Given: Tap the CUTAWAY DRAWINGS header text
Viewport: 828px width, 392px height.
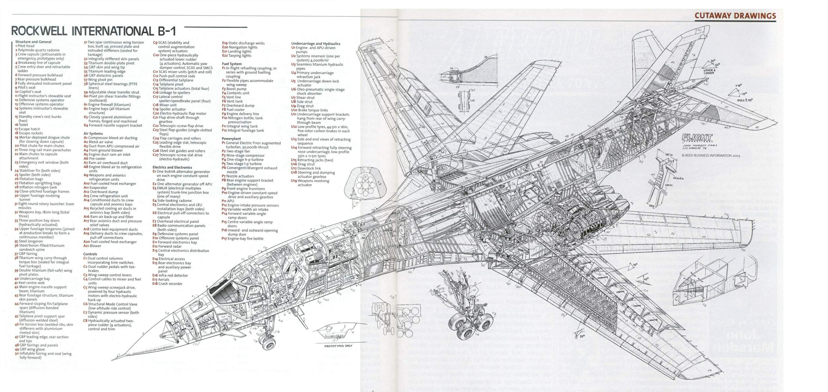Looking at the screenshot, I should pos(735,16).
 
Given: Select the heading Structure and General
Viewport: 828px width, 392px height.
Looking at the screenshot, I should pos(33,42).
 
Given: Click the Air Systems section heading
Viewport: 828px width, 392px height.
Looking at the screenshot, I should pos(93,134).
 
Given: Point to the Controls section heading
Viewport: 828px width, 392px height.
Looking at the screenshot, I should pos(90,254).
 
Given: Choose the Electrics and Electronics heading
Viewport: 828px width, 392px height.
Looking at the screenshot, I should pos(172,167).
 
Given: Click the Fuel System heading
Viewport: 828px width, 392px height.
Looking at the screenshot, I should pos(232,64).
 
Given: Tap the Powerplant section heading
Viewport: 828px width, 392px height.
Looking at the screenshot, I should pos(231,139).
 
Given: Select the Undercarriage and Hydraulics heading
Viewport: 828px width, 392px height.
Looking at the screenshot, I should pos(316,43).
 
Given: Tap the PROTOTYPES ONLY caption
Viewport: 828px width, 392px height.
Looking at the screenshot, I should pos(338,346).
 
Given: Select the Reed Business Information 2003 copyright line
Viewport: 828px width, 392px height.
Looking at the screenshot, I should pos(706,155).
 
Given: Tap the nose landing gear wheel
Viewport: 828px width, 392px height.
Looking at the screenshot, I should pos(267,343).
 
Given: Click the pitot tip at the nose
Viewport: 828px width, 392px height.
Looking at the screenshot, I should pos(113,359).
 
